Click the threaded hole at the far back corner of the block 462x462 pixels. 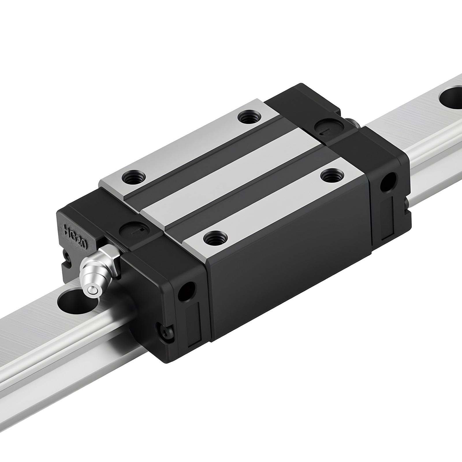tap(249, 118)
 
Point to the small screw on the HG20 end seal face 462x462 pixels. tap(67, 256)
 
